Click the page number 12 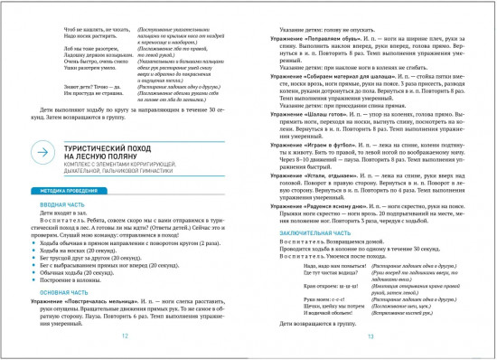(124, 335)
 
